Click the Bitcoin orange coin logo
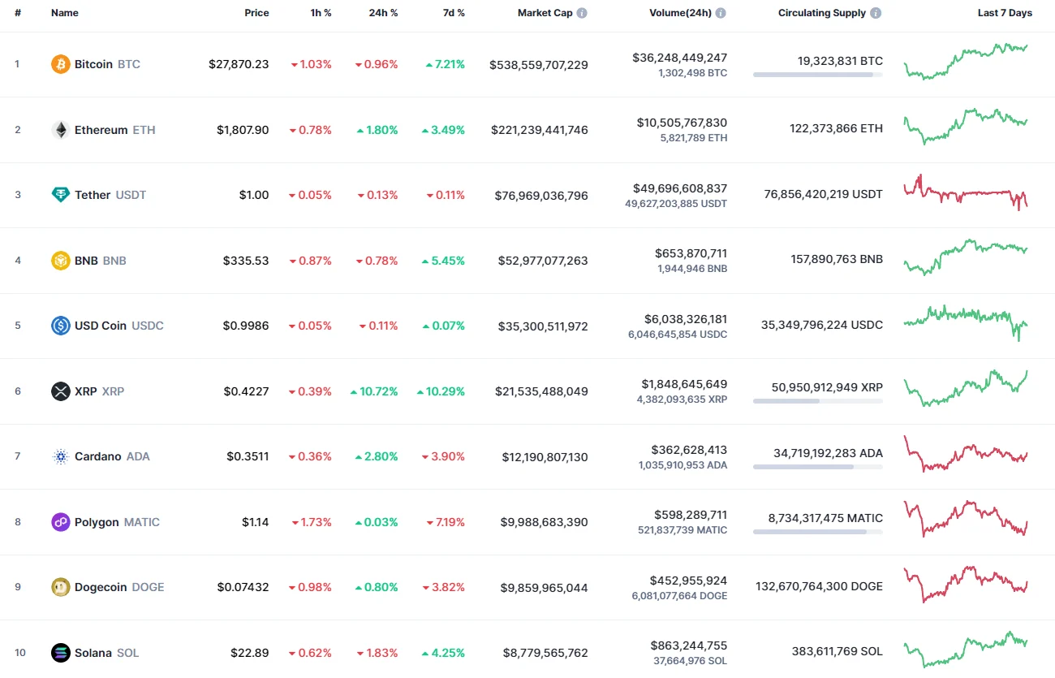tap(61, 64)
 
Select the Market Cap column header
tap(545, 13)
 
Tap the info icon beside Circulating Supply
tap(876, 13)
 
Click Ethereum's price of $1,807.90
tap(243, 130)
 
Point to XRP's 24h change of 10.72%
tap(374, 391)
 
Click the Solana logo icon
tap(61, 653)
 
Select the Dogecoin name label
tap(101, 587)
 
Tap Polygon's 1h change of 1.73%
tap(311, 522)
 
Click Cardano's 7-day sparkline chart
tap(966, 456)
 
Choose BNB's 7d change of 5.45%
tap(443, 261)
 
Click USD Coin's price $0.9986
tap(246, 326)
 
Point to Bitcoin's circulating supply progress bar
tap(817, 75)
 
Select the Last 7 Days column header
tap(1005, 13)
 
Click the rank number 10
tap(19, 653)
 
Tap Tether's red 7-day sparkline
tap(966, 193)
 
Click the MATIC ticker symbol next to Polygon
tap(142, 522)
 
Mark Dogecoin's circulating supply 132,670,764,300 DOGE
tap(819, 586)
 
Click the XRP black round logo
tap(61, 391)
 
